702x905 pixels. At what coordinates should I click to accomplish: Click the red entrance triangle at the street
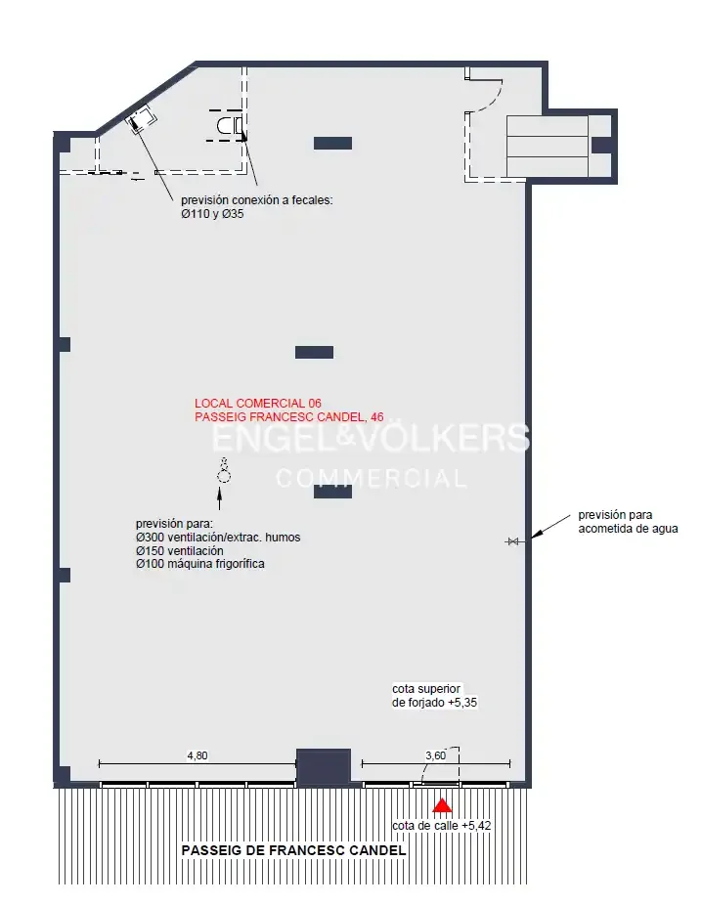click(x=442, y=805)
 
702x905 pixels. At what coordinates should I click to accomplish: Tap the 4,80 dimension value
click(x=197, y=755)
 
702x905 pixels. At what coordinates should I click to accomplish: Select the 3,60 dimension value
click(x=435, y=755)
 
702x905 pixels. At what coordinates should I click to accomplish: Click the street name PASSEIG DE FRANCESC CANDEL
click(x=293, y=850)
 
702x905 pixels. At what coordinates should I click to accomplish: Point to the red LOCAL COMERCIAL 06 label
click(x=258, y=403)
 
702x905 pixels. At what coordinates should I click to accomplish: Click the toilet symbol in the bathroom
click(x=230, y=125)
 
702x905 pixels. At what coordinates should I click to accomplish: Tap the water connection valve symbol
click(x=512, y=541)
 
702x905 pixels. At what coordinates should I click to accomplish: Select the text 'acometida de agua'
click(x=628, y=529)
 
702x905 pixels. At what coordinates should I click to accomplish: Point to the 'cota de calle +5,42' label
click(x=442, y=826)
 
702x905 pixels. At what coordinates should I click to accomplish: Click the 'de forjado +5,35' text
click(x=434, y=703)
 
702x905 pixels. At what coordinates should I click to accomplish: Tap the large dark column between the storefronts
click(x=324, y=767)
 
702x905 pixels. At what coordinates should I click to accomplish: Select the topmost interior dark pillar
click(x=332, y=143)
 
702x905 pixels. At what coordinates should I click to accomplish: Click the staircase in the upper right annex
click(x=548, y=147)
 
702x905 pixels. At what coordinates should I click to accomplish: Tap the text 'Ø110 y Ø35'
click(x=212, y=214)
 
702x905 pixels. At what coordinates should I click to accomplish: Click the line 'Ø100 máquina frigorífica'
click(x=200, y=564)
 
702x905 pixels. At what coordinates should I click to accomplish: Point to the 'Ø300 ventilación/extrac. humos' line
click(x=218, y=538)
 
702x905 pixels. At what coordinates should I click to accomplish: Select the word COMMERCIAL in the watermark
click(x=372, y=479)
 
